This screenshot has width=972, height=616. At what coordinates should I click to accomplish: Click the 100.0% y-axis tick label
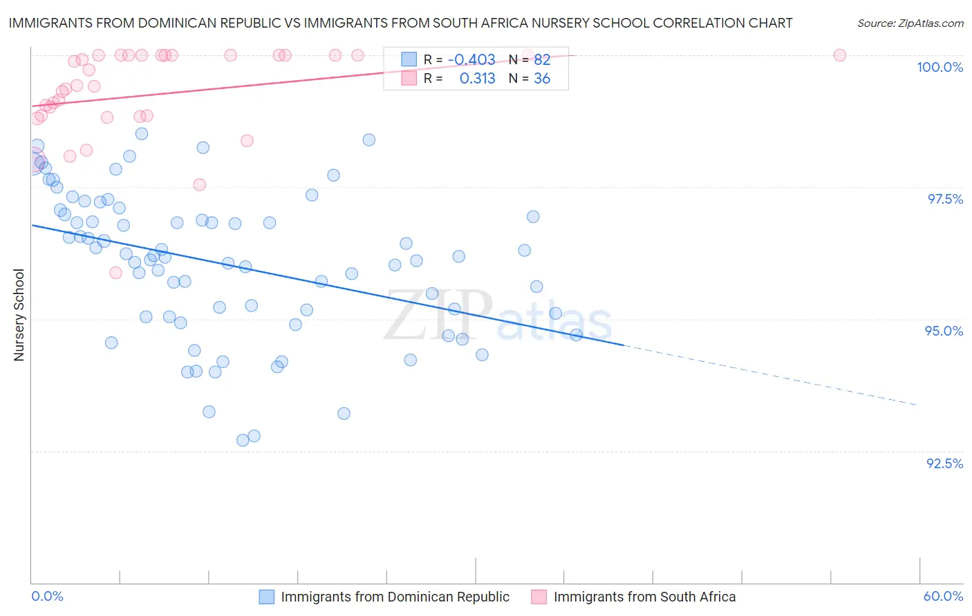click(x=940, y=67)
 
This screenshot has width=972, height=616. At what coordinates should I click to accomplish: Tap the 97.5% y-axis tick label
click(x=945, y=199)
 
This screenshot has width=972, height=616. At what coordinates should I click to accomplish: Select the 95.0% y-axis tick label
click(x=944, y=331)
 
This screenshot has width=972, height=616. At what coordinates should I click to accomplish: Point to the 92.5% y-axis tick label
click(x=944, y=463)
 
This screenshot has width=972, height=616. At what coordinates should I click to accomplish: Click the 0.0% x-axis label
click(x=47, y=596)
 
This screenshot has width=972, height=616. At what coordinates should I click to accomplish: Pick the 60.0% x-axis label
click(x=943, y=596)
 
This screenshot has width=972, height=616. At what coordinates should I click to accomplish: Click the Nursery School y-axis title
click(x=19, y=314)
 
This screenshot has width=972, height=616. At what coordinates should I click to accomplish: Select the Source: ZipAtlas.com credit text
click(x=910, y=23)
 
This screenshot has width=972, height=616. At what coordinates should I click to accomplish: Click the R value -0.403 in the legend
click(x=471, y=60)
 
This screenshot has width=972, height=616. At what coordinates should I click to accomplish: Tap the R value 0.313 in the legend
click(x=477, y=79)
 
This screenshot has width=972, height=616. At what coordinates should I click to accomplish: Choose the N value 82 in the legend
click(x=542, y=60)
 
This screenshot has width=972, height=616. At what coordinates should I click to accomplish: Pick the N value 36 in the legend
click(x=542, y=79)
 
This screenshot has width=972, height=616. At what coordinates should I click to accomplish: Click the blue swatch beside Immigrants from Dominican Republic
click(x=267, y=597)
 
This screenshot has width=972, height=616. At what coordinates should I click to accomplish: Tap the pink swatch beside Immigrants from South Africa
click(x=539, y=597)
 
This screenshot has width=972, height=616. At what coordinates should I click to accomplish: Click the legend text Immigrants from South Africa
click(x=644, y=597)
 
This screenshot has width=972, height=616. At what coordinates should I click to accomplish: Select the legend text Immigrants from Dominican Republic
click(x=395, y=597)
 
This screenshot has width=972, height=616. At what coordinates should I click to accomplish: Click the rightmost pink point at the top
click(x=839, y=55)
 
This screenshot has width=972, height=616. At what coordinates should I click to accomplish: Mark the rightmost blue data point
click(x=576, y=335)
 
